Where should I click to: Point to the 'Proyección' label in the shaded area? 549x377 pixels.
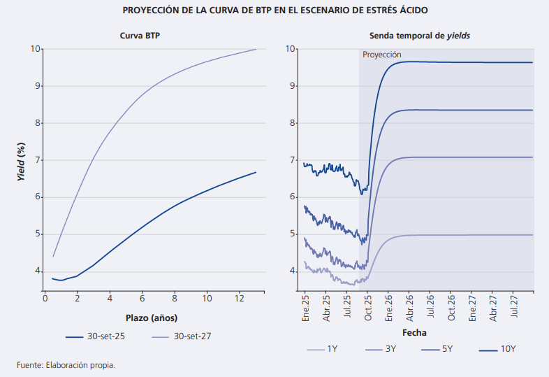[x=382, y=55]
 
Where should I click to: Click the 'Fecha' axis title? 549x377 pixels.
[x=413, y=332]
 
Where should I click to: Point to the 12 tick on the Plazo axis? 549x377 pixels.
[x=240, y=299]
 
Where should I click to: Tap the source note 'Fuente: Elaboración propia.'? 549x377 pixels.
[x=66, y=365]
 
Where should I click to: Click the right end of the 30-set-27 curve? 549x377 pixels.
[x=256, y=49]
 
